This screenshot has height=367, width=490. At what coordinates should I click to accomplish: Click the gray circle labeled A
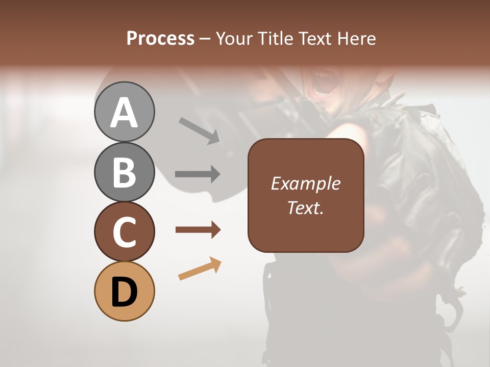click(124, 112)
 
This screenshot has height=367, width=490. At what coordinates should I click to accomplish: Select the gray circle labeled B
click(124, 172)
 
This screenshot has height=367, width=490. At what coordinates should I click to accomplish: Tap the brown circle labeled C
click(124, 231)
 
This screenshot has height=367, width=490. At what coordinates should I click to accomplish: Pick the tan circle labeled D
click(124, 291)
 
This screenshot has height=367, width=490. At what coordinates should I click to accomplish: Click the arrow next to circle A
click(199, 130)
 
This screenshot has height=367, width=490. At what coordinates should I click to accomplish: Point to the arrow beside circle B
click(198, 174)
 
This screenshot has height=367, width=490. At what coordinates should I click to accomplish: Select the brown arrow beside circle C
click(198, 230)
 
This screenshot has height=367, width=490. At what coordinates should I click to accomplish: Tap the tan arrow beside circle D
click(200, 269)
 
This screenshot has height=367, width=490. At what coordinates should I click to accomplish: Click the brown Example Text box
click(306, 195)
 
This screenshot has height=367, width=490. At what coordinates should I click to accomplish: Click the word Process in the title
click(160, 38)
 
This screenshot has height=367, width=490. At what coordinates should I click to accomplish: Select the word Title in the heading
click(274, 38)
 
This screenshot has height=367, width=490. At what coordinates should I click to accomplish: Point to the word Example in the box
click(305, 183)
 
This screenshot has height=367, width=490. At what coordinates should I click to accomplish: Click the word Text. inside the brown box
click(305, 208)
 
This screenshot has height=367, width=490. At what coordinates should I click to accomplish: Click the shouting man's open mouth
click(324, 85)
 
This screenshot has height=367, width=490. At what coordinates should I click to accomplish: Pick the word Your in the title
click(234, 38)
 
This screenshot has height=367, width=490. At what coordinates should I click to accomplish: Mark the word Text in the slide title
click(315, 38)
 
